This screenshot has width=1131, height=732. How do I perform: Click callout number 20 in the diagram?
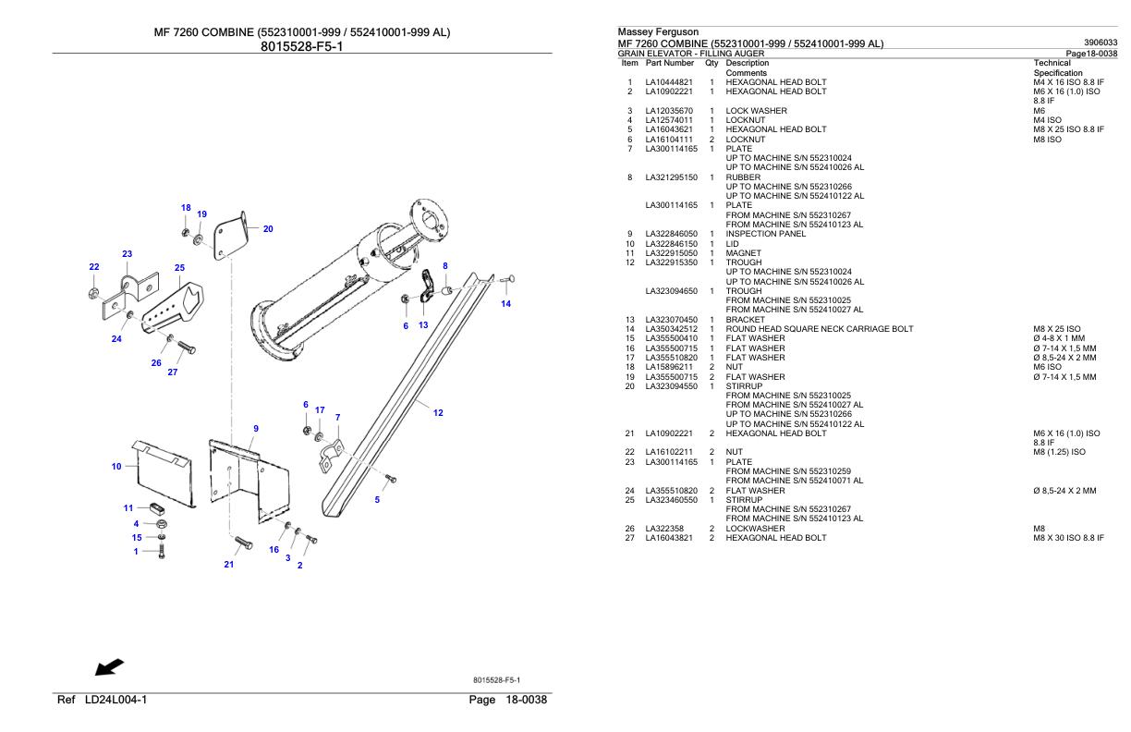[268, 229]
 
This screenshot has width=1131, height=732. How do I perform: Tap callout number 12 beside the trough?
[438, 413]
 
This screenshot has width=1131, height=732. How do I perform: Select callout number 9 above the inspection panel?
[256, 429]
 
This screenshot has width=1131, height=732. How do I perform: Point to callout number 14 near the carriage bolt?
[506, 303]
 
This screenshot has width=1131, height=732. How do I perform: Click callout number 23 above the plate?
[128, 253]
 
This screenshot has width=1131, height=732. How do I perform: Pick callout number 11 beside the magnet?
[128, 507]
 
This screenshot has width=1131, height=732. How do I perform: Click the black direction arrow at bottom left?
[110, 666]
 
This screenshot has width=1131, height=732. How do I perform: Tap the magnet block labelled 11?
[156, 508]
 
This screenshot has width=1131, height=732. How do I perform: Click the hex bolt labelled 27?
[187, 348]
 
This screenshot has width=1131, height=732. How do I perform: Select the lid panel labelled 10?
[164, 473]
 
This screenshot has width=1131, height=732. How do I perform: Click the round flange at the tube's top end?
[428, 220]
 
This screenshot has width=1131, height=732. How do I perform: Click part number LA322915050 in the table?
[671, 253]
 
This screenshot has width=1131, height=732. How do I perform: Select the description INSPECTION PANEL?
[765, 234]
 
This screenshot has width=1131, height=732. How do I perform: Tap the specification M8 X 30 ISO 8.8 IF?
[1068, 538]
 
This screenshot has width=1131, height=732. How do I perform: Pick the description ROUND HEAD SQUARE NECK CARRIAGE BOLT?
[820, 329]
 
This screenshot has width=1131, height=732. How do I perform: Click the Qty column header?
[711, 63]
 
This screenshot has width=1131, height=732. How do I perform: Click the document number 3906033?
[1101, 43]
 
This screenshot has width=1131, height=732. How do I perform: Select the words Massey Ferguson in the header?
[658, 31]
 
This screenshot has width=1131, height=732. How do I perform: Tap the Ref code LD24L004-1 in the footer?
[116, 700]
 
